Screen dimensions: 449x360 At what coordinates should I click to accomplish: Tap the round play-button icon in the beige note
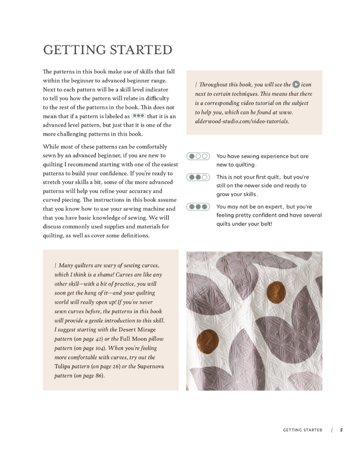pos(296,84)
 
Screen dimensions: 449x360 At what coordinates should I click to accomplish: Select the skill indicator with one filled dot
pos(198,156)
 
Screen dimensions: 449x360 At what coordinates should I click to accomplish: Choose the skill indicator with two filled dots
pos(198,177)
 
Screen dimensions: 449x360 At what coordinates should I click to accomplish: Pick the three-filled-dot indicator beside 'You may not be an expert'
pos(198,207)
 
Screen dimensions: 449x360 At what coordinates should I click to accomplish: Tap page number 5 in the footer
pos(341,430)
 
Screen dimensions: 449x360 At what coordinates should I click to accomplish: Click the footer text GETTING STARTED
pos(302,430)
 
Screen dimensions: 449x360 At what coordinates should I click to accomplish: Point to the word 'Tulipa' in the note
pos(62,366)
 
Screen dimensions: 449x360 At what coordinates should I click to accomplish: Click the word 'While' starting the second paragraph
pos(51,147)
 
